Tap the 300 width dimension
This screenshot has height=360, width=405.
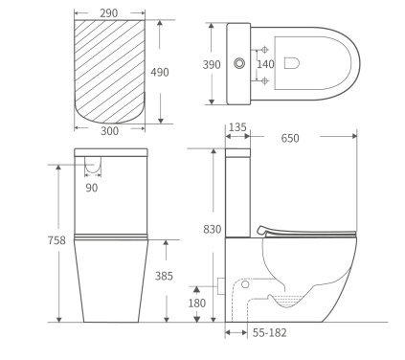point(110,132)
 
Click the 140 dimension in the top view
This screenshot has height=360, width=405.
point(265,63)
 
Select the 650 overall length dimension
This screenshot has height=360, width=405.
point(290,139)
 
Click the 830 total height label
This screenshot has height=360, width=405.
point(212,230)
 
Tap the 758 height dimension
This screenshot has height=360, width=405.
point(56,240)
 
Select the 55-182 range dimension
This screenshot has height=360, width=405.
point(269,332)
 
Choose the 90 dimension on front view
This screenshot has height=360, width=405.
point(92,188)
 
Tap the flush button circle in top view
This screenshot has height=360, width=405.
point(237,63)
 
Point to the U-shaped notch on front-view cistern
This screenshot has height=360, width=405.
point(92,166)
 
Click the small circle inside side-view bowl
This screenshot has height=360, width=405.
point(244,284)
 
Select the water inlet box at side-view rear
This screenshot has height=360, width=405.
point(221,284)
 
